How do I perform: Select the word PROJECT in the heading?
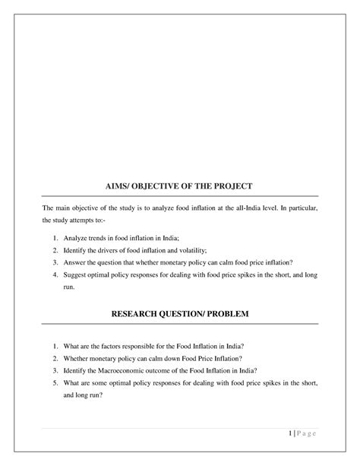pos(228,185)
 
